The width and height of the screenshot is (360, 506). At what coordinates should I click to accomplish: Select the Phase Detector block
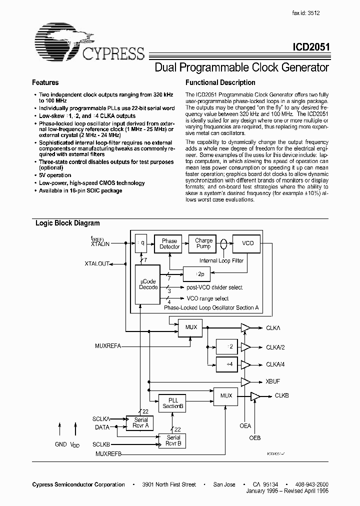click(x=169, y=243)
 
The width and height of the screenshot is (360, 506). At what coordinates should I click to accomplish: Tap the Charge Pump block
click(x=204, y=243)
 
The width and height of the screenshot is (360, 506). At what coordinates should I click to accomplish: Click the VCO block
click(x=247, y=243)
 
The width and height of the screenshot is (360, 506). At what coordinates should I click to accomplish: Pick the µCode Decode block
click(x=147, y=284)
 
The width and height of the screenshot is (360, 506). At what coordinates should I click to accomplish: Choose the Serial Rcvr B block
click(x=172, y=440)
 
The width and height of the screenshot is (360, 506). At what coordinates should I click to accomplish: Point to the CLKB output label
click(x=282, y=396)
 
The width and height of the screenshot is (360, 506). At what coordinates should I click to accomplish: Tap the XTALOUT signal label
click(x=97, y=263)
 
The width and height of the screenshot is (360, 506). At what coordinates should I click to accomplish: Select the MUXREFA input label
click(x=107, y=345)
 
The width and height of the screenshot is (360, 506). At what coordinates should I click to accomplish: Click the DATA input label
click(x=102, y=427)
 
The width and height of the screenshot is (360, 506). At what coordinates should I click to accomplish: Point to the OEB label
click(x=255, y=438)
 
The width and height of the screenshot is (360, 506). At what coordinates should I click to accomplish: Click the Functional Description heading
click(x=220, y=82)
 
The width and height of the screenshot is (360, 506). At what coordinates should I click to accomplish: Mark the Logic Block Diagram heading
click(x=67, y=223)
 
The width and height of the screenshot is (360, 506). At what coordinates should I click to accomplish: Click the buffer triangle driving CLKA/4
click(x=245, y=364)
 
